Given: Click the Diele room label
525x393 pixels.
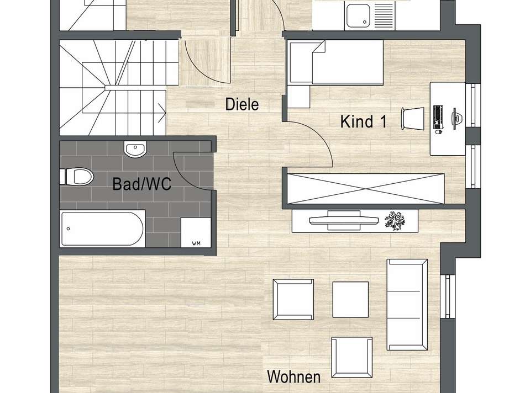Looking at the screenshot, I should [x=242, y=104].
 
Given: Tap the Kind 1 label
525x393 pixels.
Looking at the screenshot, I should [x=363, y=121].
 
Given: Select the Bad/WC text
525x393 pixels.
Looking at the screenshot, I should [x=141, y=184].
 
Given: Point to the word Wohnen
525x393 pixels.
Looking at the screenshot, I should [x=293, y=378].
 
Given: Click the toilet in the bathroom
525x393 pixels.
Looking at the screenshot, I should [x=76, y=177].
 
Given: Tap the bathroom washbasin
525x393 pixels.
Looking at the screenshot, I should [x=135, y=149].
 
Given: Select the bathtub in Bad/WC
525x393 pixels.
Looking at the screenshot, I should [x=103, y=228].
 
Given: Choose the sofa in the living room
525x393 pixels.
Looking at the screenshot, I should [x=407, y=304].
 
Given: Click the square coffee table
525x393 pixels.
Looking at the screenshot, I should [x=350, y=299].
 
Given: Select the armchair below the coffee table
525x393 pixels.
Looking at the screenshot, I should [x=351, y=357].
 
